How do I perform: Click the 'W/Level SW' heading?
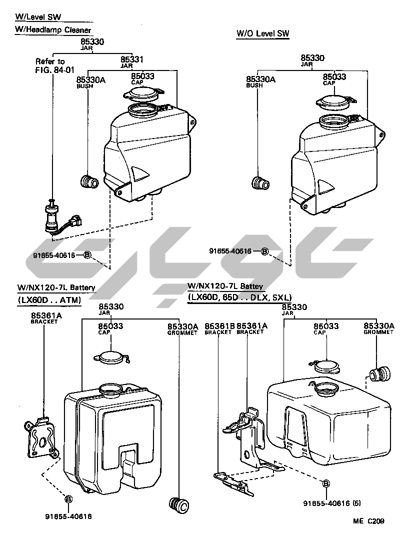[x=38, y=17]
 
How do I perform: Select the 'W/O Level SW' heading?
[x=262, y=33]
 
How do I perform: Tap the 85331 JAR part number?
[x=132, y=61]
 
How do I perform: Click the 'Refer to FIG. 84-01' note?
[x=50, y=65]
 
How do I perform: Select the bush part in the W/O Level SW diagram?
[x=260, y=183]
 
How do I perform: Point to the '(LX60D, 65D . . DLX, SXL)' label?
[x=239, y=297]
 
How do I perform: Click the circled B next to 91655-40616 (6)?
[x=325, y=483]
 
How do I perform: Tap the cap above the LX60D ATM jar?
[x=112, y=358]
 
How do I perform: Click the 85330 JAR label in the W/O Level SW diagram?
[x=312, y=60]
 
